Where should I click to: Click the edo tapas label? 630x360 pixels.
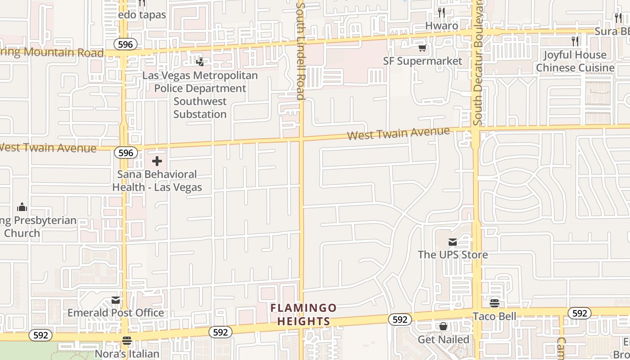pos(142,15)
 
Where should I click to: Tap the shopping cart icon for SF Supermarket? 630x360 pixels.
pos(422,48)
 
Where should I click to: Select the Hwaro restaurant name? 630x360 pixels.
pos(442,26)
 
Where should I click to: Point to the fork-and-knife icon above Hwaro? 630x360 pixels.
pos(441,12)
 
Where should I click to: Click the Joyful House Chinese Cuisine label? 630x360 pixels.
pos(575,61)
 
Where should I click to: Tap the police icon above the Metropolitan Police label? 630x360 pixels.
pos(200,62)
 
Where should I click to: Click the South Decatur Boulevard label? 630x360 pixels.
pos(478,63)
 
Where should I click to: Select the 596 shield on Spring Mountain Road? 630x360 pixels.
pos(126,44)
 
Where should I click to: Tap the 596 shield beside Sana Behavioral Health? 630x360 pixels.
pos(126,153)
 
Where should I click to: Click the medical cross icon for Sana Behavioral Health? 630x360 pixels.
pos(157,161)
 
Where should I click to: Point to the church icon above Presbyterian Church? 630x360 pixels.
pos(22,207)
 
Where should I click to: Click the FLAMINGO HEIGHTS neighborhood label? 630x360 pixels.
pos(303,315)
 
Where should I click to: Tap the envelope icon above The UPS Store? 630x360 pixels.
pos(453,242)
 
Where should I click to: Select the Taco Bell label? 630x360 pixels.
pos(495,316)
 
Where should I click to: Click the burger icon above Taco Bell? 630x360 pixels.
pos(495,303)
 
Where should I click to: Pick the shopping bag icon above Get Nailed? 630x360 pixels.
pos(443,326)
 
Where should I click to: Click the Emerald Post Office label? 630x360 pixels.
pos(116,313)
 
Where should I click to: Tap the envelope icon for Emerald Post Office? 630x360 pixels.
pos(116,300)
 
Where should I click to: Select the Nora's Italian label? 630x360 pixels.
pos(127,354)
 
